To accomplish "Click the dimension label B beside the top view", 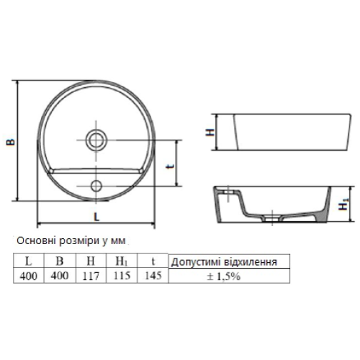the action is tap(11, 142).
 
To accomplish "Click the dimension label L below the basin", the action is tap(96, 217).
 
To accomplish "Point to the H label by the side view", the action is tap(210, 132).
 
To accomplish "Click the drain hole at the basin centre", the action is tap(96, 140).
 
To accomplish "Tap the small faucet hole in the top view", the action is tap(96, 186).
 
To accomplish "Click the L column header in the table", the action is tap(28, 261).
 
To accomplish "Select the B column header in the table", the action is tap(60, 261).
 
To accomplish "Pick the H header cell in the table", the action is tap(91, 261).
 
